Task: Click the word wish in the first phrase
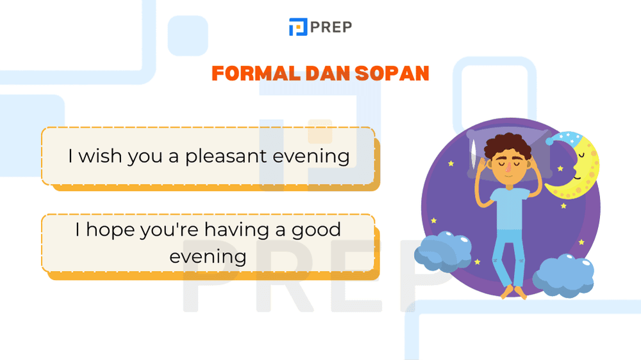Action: (x=100, y=156)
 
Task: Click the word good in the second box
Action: (x=316, y=229)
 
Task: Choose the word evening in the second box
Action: (x=208, y=256)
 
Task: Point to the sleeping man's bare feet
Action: (x=513, y=292)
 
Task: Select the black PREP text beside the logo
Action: (x=331, y=27)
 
